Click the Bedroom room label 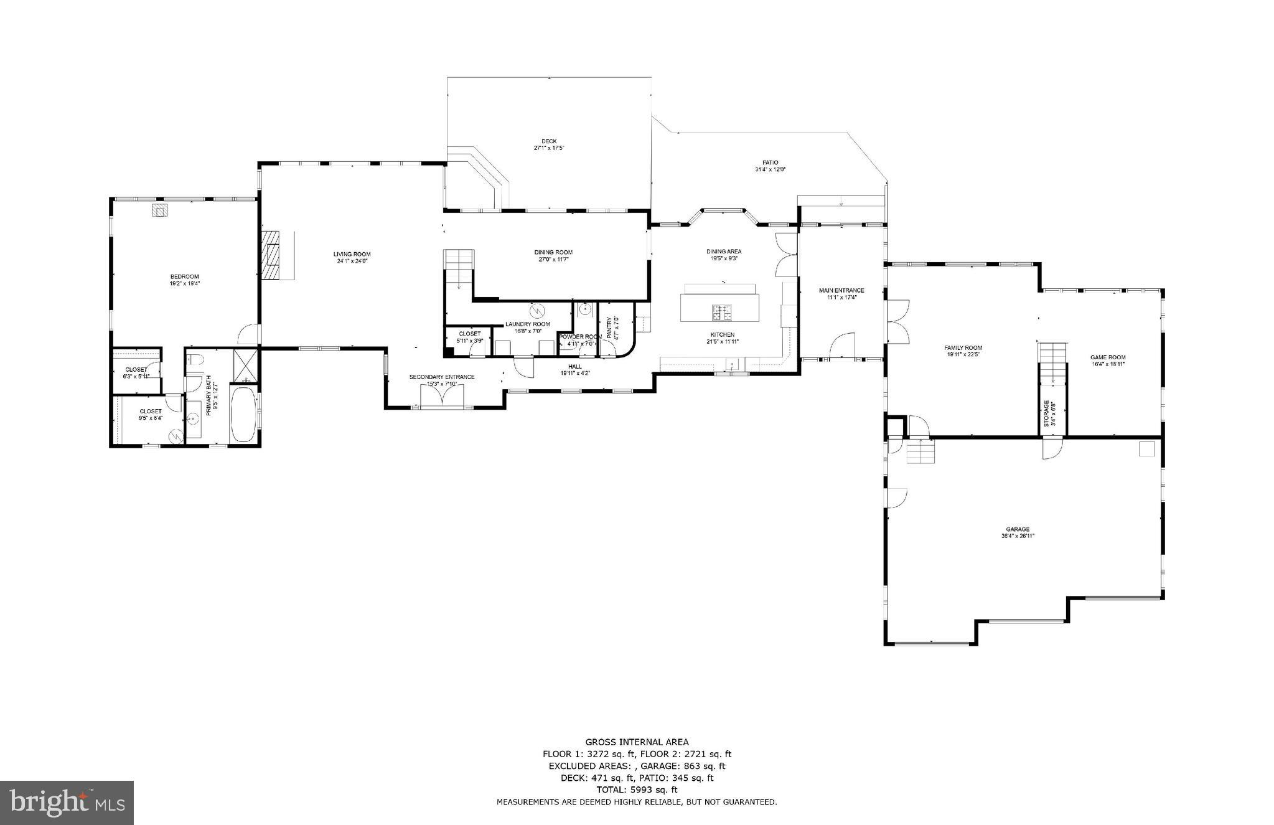click(185, 276)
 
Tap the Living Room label click(352, 254)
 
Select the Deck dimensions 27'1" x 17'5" click(549, 148)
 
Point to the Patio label click(770, 163)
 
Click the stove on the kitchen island click(722, 312)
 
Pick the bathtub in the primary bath click(243, 414)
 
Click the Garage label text click(1019, 529)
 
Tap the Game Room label click(1108, 357)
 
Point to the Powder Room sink click(584, 308)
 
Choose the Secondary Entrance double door click(442, 395)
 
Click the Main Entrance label click(841, 290)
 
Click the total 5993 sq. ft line click(637, 790)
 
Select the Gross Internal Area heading click(637, 742)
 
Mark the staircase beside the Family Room click(1052, 364)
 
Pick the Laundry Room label click(527, 324)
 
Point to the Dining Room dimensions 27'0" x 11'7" click(553, 259)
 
